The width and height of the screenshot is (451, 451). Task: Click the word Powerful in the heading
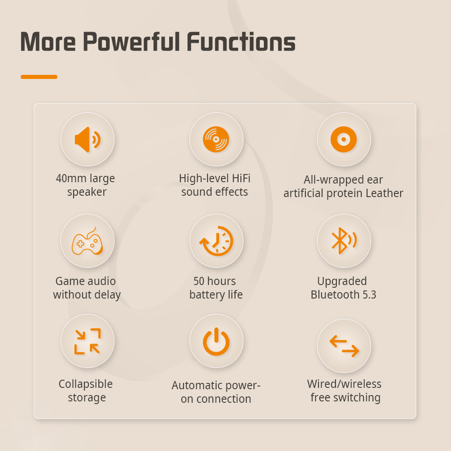tap(131, 41)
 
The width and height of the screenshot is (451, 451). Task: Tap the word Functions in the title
tap(241, 41)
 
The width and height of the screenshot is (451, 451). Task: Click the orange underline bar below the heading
tap(39, 77)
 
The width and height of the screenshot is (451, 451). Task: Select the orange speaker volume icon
tap(87, 139)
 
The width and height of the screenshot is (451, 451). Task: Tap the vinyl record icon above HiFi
tap(216, 139)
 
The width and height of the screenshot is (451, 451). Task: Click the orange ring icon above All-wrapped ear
tap(344, 139)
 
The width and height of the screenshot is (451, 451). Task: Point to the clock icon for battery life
tap(216, 241)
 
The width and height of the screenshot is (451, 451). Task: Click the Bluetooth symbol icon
tap(344, 241)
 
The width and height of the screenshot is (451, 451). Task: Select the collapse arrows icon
tap(87, 341)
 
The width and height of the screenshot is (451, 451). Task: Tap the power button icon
tap(216, 341)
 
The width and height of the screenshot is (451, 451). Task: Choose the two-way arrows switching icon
tap(344, 346)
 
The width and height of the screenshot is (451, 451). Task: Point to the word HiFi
tap(241, 178)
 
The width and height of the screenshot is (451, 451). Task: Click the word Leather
tap(384, 193)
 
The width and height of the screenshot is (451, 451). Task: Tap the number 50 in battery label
tap(199, 281)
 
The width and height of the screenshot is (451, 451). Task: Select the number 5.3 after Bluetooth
tap(369, 295)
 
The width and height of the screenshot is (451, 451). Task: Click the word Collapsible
tap(85, 384)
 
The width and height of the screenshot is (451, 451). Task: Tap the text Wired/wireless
tap(344, 384)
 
